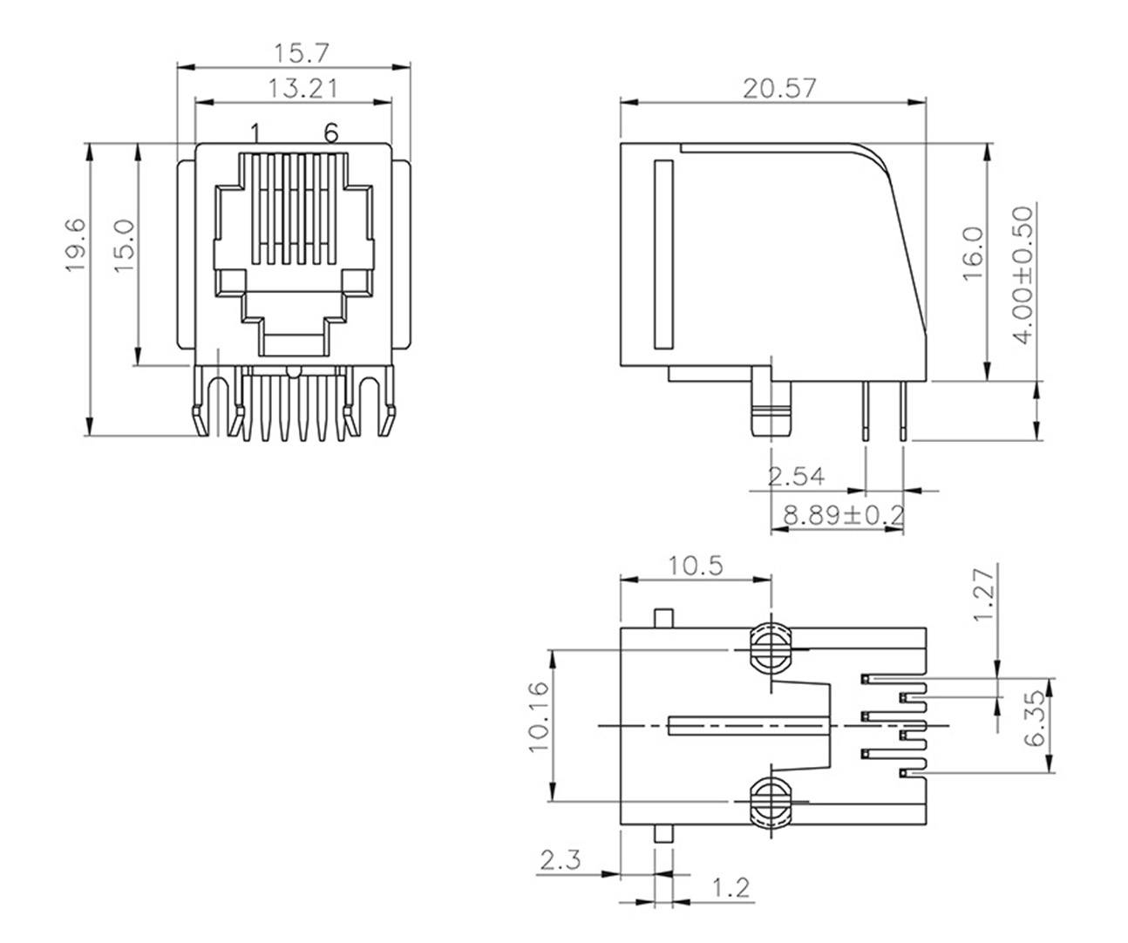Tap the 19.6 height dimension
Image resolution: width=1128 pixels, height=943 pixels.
[76, 245]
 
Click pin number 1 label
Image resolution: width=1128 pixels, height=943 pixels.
[255, 133]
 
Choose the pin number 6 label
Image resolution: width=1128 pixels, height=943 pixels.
[330, 133]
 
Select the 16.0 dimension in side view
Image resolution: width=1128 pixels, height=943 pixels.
[973, 253]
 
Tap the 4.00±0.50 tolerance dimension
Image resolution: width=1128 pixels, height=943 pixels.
[1025, 275]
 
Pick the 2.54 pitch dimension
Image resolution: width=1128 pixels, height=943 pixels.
[796, 477]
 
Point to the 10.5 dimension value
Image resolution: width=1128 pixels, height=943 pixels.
[696, 566]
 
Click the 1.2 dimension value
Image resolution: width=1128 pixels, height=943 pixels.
[730, 889]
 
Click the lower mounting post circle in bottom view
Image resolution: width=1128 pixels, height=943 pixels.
[770, 800]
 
